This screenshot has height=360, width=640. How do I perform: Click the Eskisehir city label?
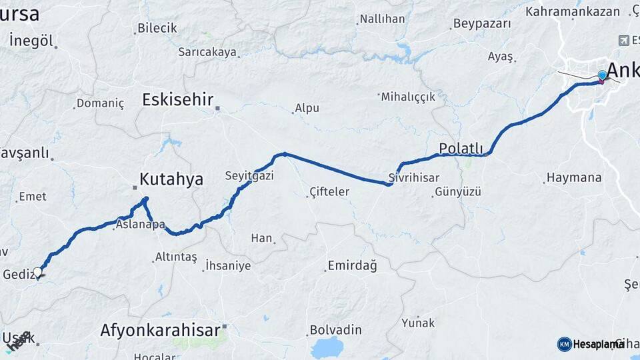tap(177, 100)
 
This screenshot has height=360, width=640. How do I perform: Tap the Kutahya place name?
tap(171, 179)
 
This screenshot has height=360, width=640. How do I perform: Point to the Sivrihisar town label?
tap(413, 178)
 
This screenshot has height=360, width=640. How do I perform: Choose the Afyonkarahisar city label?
tap(160, 330)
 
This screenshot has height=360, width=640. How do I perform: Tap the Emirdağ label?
tap(352, 266)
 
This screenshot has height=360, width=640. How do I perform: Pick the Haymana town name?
tap(573, 178)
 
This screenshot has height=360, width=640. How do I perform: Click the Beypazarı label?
tap(482, 23)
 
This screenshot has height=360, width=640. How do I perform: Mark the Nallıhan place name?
tap(382, 19)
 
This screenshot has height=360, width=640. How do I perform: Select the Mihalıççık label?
tap(408, 97)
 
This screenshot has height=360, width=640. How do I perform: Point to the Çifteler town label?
tap(329, 192)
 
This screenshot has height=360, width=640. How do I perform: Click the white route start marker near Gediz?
tap(38, 272)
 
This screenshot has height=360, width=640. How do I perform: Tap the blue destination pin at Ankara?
tap(602, 75)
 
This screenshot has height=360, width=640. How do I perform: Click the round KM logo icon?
tap(564, 344)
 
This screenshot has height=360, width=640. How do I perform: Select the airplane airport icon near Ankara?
tap(624, 40)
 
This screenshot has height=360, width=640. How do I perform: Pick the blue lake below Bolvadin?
tap(326, 347)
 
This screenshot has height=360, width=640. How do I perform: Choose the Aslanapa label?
tap(140, 225)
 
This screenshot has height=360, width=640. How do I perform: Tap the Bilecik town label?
tap(157, 28)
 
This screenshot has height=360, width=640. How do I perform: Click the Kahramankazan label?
tap(573, 11)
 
